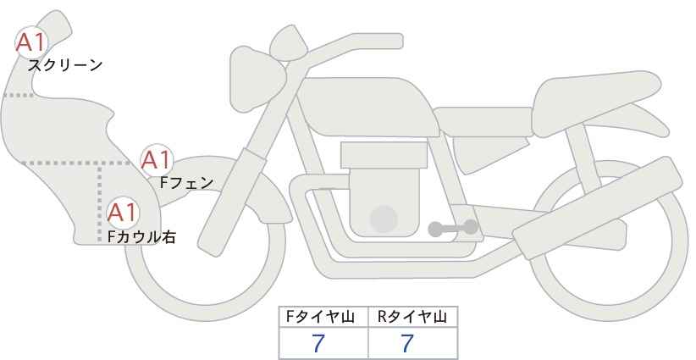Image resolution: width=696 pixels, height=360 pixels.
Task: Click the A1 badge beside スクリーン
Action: coord(32,42)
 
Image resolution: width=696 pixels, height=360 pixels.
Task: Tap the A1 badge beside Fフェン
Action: coord(156,158)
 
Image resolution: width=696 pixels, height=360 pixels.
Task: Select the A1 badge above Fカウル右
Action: coord(122,211)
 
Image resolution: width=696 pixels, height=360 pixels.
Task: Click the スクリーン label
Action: coord(65,64)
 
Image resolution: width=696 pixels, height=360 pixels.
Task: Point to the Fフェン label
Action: coord(186,181)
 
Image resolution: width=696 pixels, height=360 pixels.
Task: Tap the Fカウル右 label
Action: coord(141,238)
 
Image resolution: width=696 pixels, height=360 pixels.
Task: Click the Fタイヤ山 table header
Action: coord(324,317)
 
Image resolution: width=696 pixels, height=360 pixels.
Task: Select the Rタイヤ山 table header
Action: coord(412,317)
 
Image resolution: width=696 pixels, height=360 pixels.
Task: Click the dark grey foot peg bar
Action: coord(452,227)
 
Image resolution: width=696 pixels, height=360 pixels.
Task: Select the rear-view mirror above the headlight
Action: coord(289,42)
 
